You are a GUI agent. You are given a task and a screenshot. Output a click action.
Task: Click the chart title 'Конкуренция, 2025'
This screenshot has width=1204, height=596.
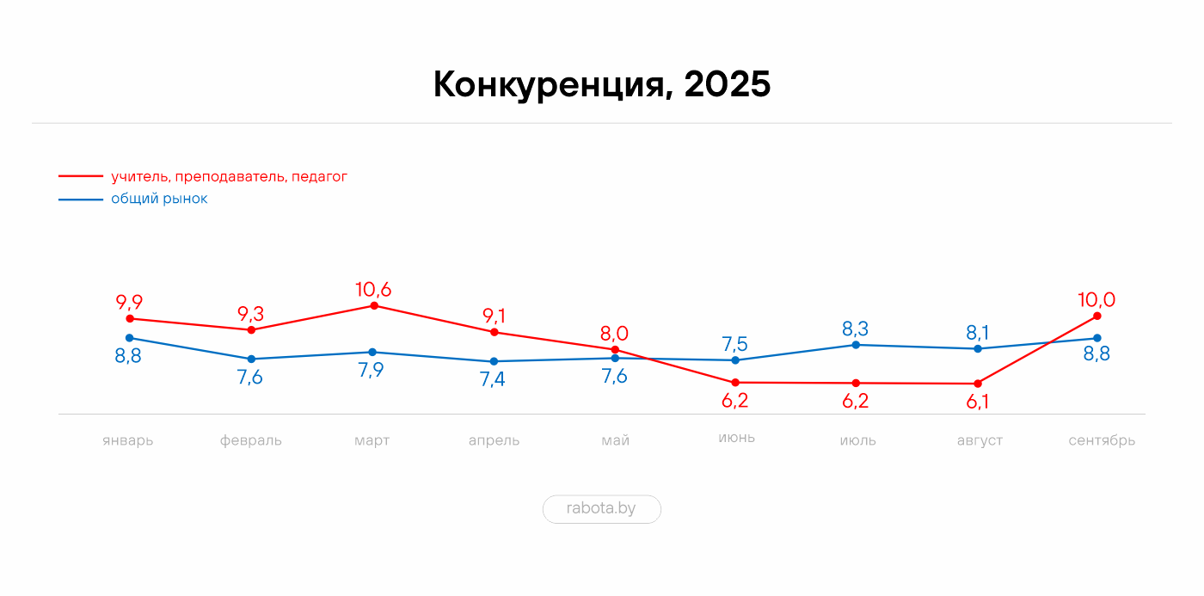[602, 85]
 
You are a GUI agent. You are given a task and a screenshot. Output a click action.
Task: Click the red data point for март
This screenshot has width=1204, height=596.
[373, 305]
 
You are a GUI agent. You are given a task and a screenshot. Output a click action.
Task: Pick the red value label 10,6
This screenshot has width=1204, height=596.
[373, 289]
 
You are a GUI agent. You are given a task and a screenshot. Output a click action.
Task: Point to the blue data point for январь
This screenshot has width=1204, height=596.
[130, 338]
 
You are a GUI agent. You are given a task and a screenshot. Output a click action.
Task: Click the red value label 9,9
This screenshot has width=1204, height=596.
[129, 302]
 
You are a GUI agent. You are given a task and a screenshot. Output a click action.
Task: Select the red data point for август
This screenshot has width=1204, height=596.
[978, 384]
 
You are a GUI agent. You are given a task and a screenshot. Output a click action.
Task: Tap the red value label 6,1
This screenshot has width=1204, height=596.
[978, 402]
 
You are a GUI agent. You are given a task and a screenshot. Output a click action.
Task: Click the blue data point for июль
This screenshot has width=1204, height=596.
[856, 345]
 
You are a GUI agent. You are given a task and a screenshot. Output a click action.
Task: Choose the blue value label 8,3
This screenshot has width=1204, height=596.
[855, 329]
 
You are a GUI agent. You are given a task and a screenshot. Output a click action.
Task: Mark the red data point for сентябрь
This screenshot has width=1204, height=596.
[1097, 316]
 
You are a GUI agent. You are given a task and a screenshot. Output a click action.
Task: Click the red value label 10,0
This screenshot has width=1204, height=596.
[1096, 299]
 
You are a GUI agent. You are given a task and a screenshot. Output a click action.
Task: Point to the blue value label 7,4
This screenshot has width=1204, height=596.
[492, 378]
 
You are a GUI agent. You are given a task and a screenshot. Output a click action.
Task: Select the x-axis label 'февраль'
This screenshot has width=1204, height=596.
[250, 440]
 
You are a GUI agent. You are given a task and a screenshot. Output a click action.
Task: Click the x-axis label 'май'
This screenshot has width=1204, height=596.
[615, 440]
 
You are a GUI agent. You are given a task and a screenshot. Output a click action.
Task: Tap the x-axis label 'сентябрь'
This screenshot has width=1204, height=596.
[1102, 440]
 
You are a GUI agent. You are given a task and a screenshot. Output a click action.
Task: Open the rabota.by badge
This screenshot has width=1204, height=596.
[601, 508]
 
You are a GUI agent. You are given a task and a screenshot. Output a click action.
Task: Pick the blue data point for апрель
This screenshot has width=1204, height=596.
[494, 361]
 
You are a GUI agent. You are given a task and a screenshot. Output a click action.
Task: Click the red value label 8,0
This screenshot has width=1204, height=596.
[614, 333]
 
